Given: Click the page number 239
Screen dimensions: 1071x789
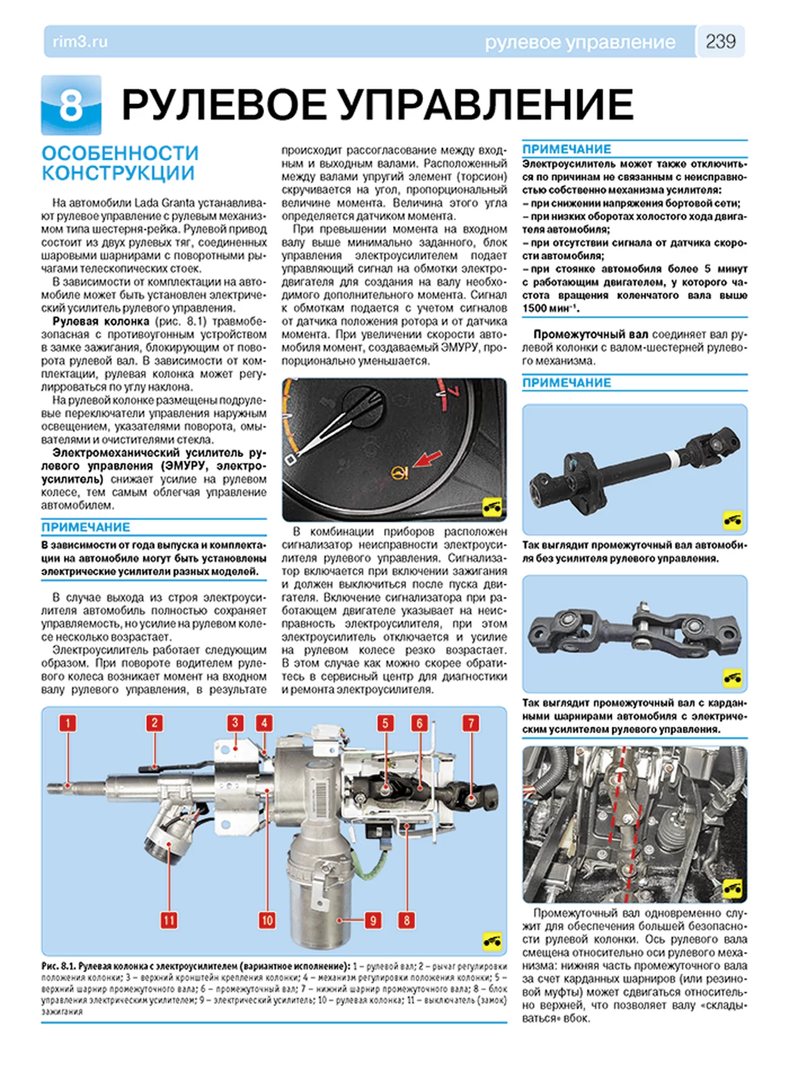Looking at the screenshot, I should tap(720, 41).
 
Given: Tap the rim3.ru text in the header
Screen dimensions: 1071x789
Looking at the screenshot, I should tap(80, 42).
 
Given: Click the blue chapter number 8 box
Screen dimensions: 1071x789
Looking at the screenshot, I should tap(71, 105).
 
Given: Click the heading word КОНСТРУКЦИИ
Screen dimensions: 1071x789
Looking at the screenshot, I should tap(118, 173).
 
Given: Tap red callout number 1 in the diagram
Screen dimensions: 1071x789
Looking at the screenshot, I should tap(68, 723).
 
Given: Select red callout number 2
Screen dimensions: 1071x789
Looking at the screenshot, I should tap(154, 723).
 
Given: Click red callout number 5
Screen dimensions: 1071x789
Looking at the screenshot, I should tap(385, 723).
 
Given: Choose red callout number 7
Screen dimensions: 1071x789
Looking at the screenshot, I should tap(471, 723).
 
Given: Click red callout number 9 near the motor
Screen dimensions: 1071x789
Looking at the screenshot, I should tap(373, 920).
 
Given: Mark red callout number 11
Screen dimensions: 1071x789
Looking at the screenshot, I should tap(169, 920).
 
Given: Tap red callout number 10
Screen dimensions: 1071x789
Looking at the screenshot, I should tap(267, 920).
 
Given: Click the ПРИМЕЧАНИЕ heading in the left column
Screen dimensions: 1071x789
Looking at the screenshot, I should tap(86, 527).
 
